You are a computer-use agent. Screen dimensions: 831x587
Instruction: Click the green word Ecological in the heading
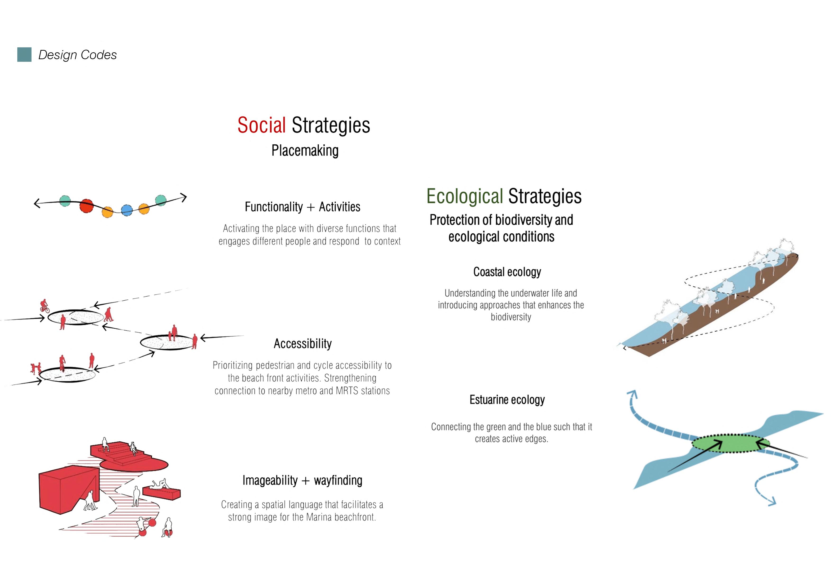(x=464, y=196)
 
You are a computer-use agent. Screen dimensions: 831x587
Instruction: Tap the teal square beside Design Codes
(x=24, y=55)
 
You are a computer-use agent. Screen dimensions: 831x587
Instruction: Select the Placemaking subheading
(x=305, y=151)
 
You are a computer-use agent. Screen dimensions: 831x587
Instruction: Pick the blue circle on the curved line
(x=127, y=210)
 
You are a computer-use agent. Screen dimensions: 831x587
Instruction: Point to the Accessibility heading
(x=303, y=344)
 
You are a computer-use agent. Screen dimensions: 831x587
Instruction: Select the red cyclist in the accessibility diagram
(x=44, y=306)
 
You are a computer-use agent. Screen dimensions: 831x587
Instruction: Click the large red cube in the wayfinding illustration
(x=65, y=490)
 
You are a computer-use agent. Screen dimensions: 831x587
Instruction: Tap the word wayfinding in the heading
(x=338, y=481)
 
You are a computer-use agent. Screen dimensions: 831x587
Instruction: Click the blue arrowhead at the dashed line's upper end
(x=632, y=394)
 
